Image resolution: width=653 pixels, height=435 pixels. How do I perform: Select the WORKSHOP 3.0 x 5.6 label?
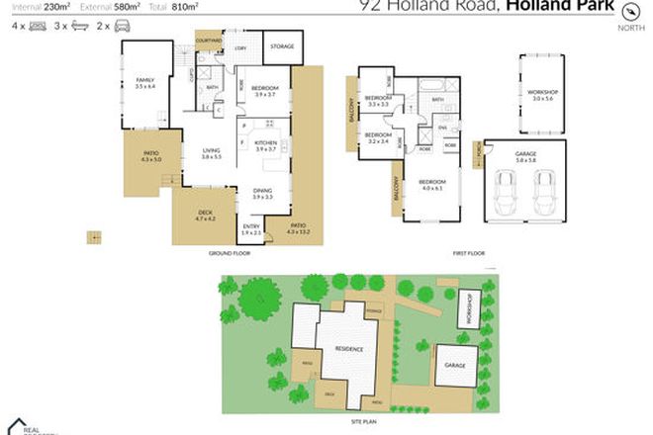coord(537,95)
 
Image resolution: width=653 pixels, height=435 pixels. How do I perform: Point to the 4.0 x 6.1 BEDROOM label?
coord(430,184)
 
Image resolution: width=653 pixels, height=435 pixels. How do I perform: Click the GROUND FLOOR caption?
coord(230,254)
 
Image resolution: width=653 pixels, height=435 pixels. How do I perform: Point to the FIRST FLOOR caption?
coord(467,254)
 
